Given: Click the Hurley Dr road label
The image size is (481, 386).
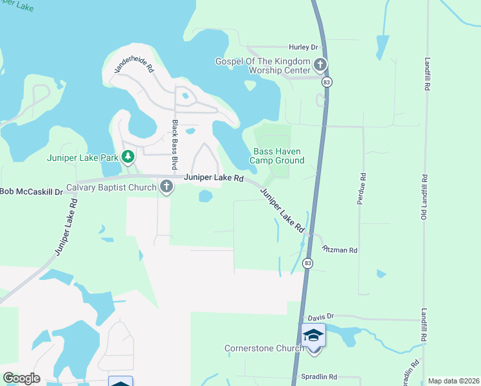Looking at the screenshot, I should click(304, 48).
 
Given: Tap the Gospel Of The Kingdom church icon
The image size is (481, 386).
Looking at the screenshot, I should click(320, 64).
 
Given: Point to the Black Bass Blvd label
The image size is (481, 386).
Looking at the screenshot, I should click(174, 144).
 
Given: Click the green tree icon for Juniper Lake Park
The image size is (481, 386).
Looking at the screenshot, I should click(128, 156).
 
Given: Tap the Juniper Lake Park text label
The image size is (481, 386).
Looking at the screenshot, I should click(83, 157).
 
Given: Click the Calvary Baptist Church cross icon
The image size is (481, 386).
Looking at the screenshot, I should click(167, 187).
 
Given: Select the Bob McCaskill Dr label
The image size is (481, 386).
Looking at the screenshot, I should click(32, 192).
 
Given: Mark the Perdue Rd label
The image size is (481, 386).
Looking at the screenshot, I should click(362, 188).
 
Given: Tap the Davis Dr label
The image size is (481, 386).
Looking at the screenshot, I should click(321, 317).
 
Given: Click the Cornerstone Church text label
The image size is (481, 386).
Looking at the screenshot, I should click(264, 349).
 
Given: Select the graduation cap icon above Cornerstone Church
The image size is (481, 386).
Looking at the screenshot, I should click(313, 335).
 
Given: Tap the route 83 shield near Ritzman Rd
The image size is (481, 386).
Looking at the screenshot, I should click(309, 263).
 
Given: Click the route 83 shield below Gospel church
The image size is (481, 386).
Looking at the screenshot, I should click(327, 82).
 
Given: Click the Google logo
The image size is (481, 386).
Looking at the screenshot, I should click(21, 378).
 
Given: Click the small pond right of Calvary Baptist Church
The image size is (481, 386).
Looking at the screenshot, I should click(206, 196).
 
